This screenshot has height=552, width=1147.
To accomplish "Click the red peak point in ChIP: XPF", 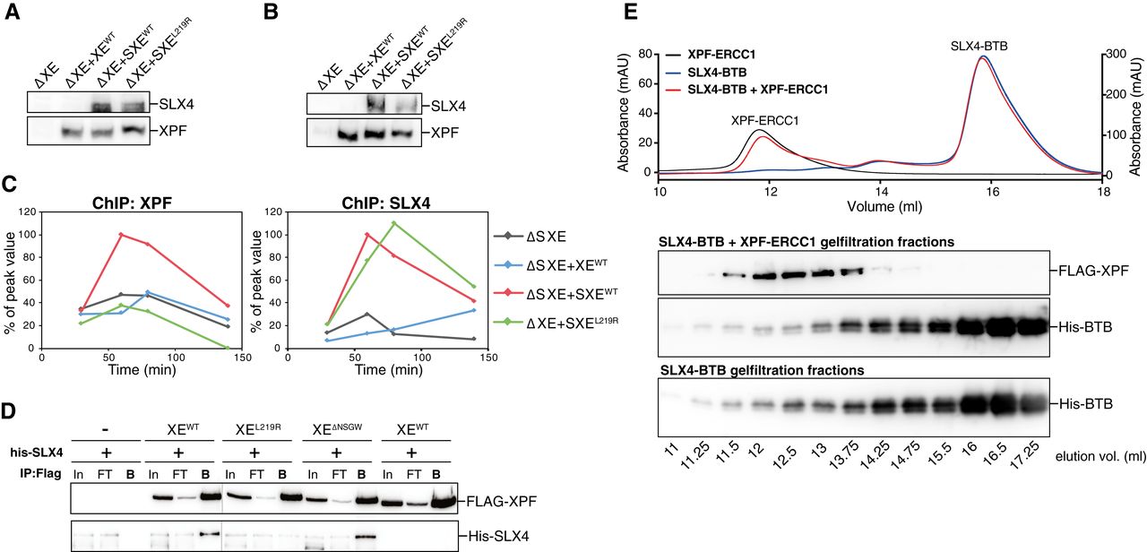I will click(121, 235).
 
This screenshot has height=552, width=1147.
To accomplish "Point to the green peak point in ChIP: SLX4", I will click(392, 223).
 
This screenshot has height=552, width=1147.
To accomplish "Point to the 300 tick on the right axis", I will click(1118, 55).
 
